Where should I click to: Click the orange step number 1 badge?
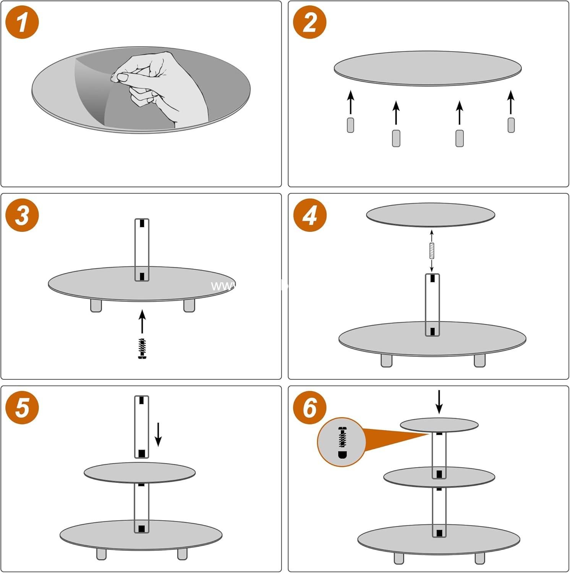pos(22,22)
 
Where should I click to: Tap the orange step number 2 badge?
pos(309,22)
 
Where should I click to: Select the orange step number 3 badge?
pos(22,215)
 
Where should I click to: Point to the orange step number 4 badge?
pos(309,215)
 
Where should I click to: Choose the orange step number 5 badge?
pos(22,408)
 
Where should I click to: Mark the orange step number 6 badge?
pos(309,408)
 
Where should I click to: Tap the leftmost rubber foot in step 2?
pos(350,125)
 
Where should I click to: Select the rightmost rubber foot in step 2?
pos(511,125)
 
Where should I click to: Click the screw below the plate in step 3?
pos(142,348)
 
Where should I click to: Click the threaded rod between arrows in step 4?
pos(432,251)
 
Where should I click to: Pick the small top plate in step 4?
pos(431,215)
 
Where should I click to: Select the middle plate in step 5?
pos(139,473)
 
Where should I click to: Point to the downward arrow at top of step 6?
pos(439,401)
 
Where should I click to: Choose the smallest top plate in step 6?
pos(439,425)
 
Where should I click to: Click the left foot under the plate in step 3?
pos(96,306)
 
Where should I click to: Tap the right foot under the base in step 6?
pos(480,558)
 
